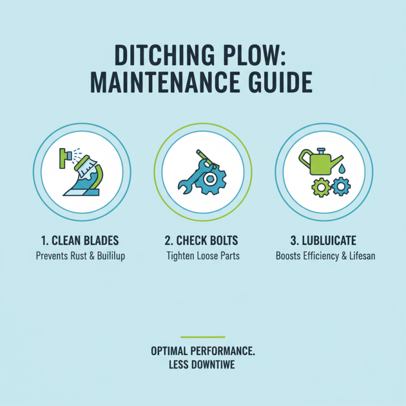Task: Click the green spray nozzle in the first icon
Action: (x=63, y=157)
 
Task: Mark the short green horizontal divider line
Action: (x=203, y=336)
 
